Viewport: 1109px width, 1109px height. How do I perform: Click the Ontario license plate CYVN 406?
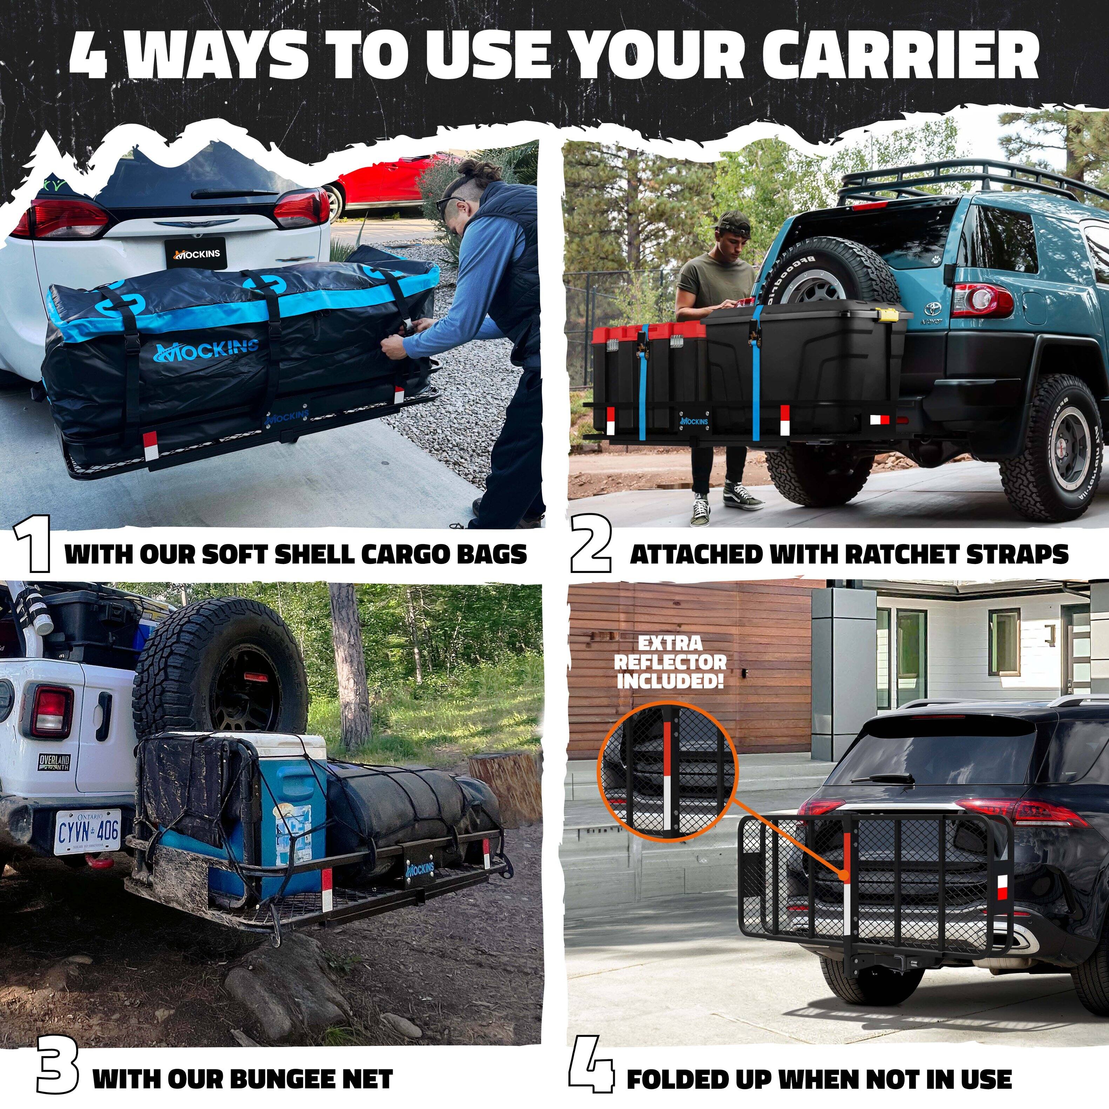[87, 832]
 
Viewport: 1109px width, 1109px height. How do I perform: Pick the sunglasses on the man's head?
[449, 204]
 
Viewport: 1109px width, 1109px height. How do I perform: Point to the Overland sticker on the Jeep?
[55, 762]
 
